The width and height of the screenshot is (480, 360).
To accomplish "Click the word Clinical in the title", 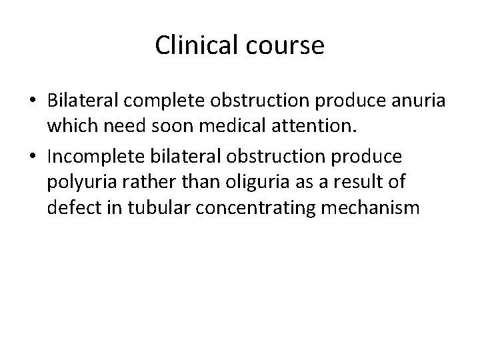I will tap(194, 45).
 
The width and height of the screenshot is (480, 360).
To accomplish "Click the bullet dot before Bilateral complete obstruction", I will tap(32, 99).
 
